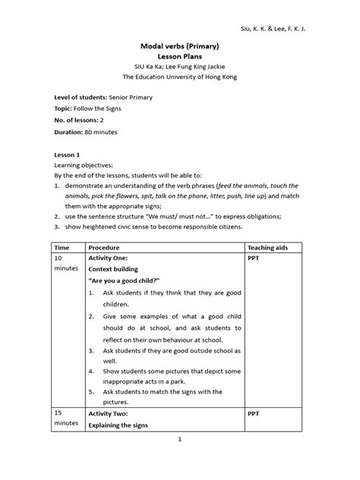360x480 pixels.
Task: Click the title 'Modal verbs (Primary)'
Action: pos(180,45)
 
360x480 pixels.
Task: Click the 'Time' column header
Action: pos(60,248)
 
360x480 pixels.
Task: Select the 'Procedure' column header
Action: pos(107,248)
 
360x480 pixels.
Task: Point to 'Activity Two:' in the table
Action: pos(112,414)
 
